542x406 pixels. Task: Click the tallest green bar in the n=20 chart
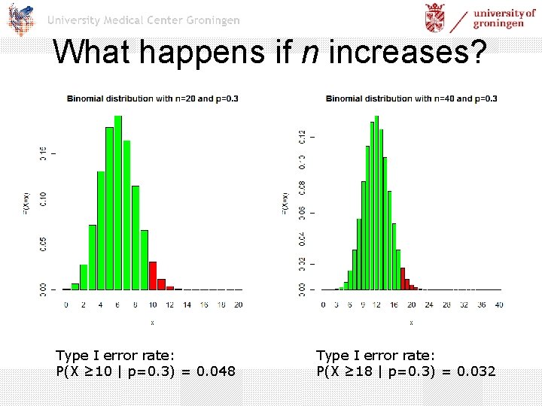coord(117,203)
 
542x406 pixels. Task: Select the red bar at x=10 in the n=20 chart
coord(153,276)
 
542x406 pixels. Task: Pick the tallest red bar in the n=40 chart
coord(403,279)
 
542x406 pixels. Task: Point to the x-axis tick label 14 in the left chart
coord(187,304)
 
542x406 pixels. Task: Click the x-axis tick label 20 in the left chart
coord(238,304)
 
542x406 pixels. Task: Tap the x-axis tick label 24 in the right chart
coord(430,304)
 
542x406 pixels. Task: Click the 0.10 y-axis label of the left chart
coord(43,199)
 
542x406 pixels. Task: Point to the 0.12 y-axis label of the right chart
coord(302,136)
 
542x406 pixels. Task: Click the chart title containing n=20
coord(153,98)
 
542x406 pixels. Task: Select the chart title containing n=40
coord(412,98)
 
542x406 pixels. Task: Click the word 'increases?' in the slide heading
coord(407,52)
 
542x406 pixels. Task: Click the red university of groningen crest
coord(435,17)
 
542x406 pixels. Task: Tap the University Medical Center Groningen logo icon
coord(20,19)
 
